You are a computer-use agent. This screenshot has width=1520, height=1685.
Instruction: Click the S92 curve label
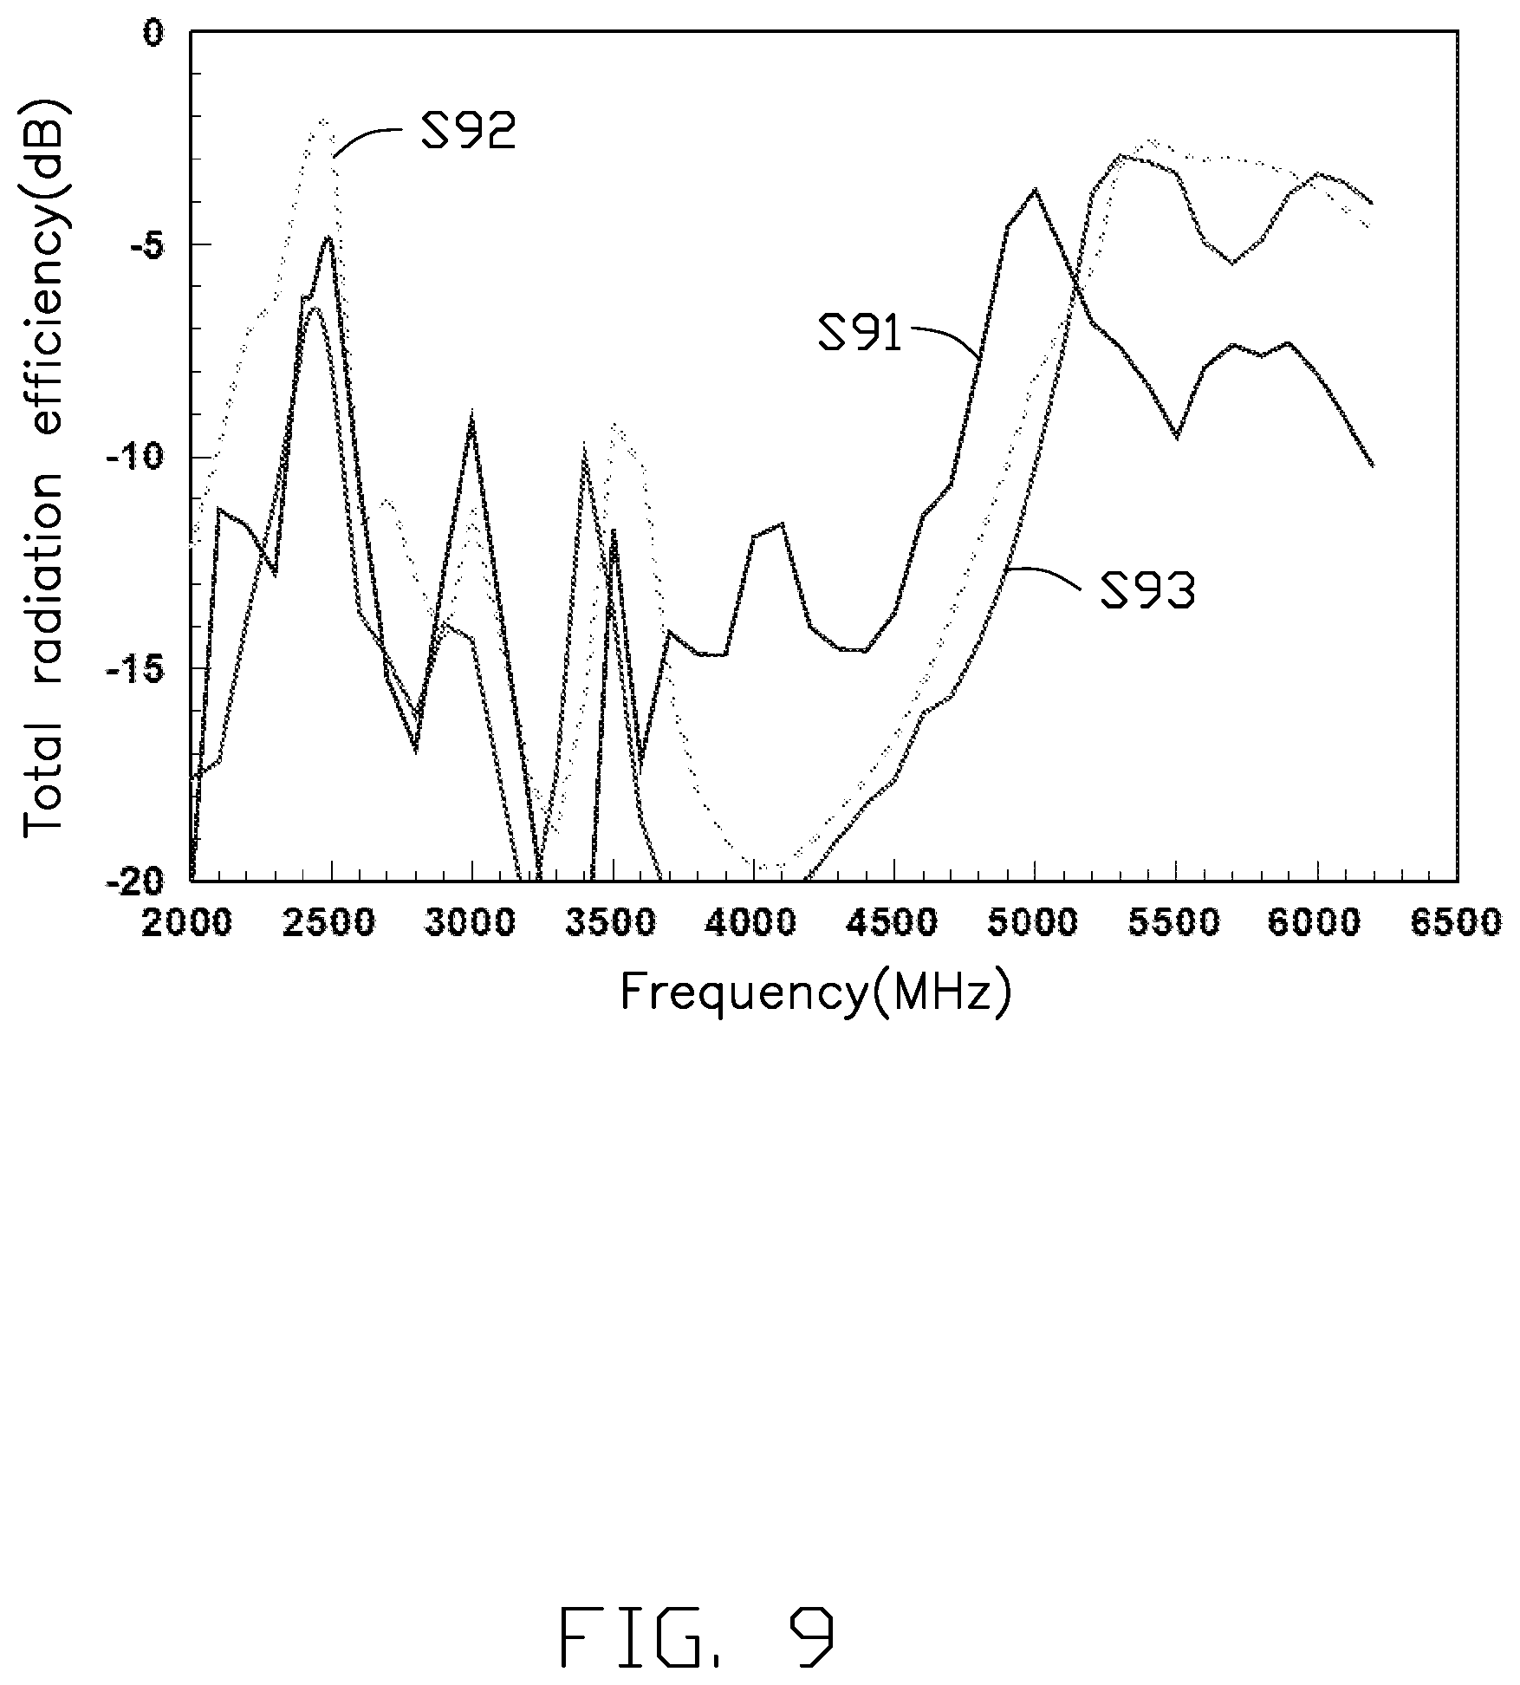point(469,131)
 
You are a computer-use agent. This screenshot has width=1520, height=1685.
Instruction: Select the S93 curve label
point(1148,592)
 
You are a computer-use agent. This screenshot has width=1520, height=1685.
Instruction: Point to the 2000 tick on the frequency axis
point(188,923)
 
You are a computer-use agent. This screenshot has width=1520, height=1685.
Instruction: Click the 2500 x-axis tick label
point(330,923)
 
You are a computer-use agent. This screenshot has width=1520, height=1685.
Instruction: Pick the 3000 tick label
point(471,923)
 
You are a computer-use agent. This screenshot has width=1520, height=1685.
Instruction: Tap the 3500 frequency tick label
point(612,923)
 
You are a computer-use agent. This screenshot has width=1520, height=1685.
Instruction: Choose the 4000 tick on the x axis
point(753,923)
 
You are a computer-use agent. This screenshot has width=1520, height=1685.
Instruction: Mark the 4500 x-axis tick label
point(894,923)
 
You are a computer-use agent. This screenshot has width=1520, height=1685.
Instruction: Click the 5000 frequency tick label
point(1035,923)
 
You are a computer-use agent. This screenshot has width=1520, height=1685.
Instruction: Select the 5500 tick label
point(1176,923)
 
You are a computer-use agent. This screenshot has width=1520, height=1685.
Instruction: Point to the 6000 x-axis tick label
point(1317,923)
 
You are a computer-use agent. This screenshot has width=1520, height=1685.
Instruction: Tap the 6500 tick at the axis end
point(1458,923)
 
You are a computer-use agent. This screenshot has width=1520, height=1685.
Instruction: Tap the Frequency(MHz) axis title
point(816,992)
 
